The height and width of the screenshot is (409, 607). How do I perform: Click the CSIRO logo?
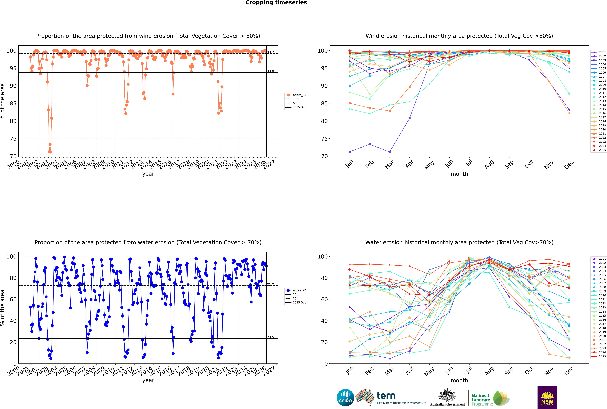pos(345,398)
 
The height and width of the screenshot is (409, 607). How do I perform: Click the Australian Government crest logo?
pos(447,398)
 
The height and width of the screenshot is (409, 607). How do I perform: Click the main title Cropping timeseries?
pos(276,3)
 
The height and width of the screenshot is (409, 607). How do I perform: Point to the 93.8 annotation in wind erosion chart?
pos(270,71)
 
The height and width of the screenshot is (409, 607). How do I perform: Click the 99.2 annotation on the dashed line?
pos(270,52)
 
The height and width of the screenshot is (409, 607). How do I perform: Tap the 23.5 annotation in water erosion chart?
pos(270,337)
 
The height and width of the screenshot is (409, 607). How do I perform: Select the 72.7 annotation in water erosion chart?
pos(270,285)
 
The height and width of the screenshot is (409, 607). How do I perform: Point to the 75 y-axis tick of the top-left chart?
pos(13,139)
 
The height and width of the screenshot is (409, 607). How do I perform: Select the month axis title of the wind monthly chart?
pos(459,174)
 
